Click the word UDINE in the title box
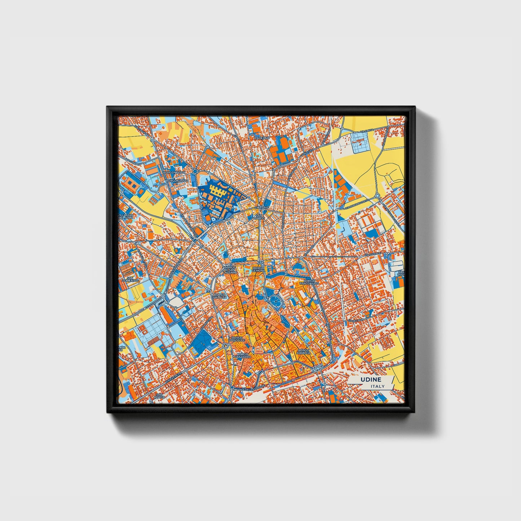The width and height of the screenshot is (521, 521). (x=371, y=380)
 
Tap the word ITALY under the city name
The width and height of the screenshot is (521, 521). (x=377, y=387)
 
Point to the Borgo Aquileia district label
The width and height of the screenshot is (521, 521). (x=304, y=352)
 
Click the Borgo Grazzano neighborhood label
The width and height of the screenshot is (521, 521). (x=242, y=356)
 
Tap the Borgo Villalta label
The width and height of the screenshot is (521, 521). (x=220, y=296)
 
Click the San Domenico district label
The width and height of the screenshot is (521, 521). (x=130, y=279)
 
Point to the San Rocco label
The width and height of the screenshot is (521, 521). (x=159, y=396)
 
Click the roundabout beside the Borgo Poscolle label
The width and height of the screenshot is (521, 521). (x=226, y=346)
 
